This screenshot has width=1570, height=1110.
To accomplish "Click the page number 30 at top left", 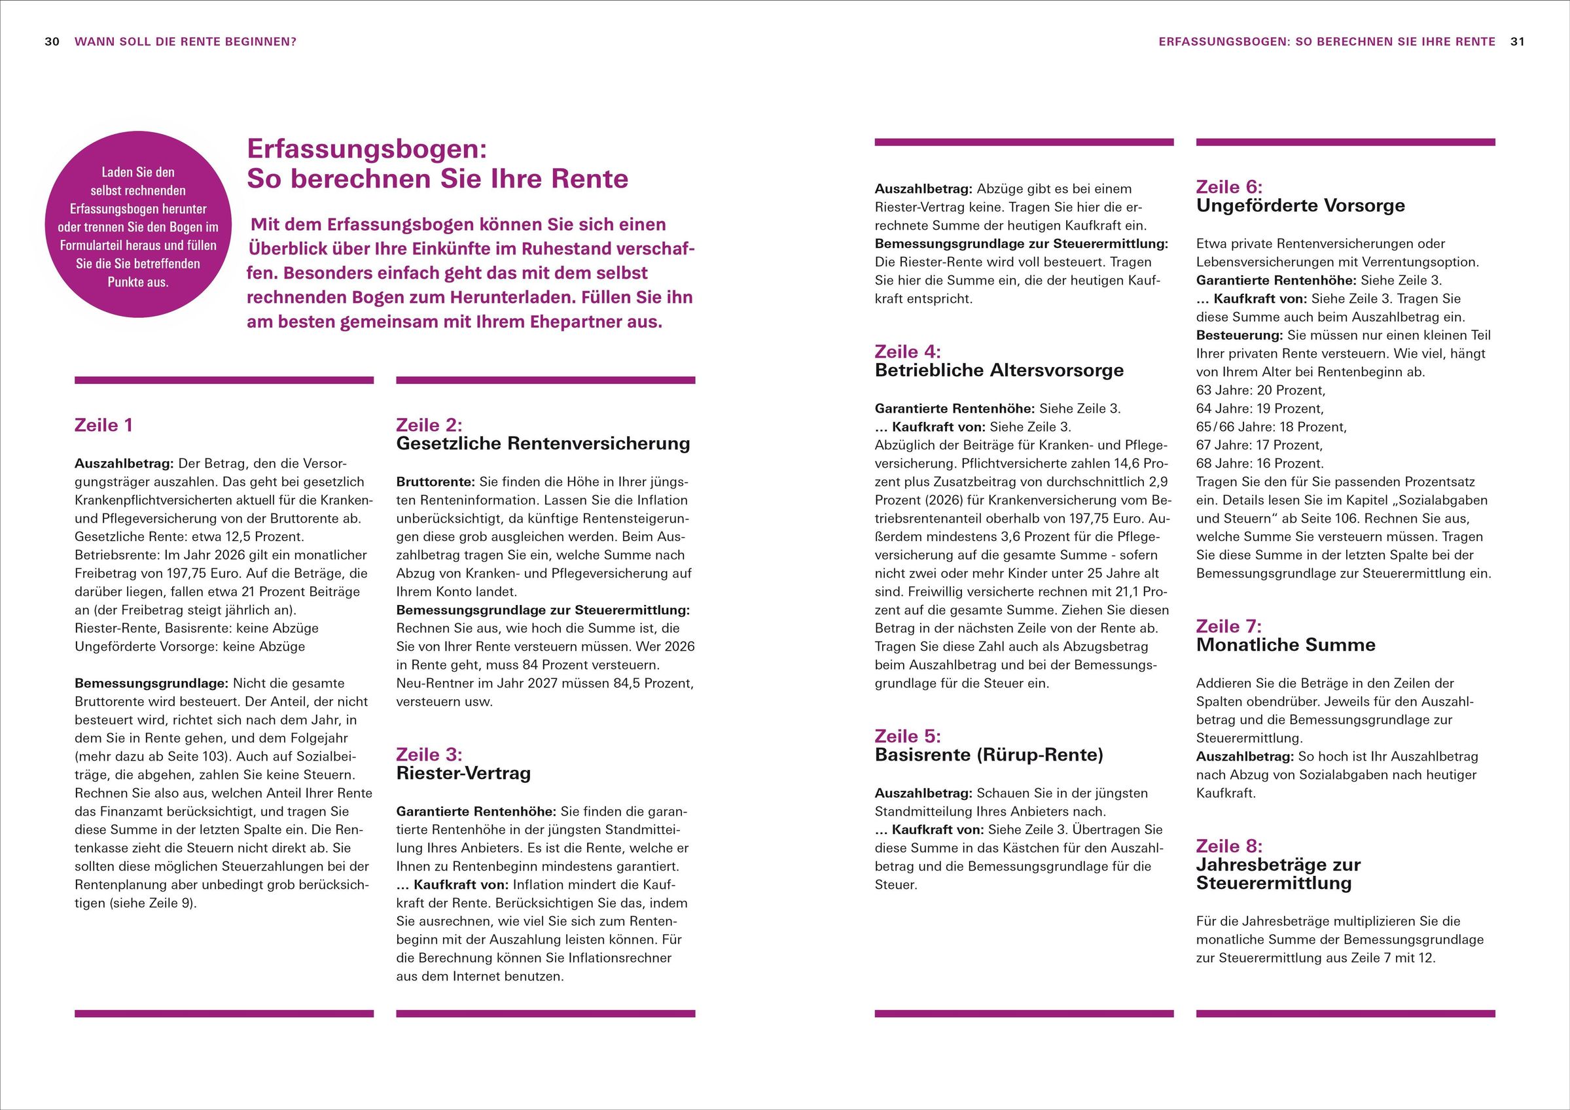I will [52, 42].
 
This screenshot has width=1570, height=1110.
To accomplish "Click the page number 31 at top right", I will [1518, 42].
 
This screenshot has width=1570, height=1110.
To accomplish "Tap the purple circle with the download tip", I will [137, 225].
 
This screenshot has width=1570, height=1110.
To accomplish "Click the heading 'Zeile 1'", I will [104, 425].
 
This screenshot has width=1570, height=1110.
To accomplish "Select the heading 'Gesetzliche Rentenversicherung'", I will [543, 443].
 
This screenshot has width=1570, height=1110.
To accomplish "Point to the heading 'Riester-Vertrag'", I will [463, 773].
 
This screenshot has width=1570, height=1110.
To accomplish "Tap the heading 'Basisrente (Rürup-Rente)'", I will [989, 755].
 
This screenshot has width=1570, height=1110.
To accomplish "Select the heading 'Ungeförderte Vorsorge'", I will [1300, 206].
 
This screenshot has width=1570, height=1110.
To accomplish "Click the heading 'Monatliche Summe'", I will [1285, 644].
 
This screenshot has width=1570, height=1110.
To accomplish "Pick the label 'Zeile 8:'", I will [1229, 846].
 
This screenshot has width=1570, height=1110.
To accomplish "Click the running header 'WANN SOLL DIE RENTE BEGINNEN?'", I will [185, 42].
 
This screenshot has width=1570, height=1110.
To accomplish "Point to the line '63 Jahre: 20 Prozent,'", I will [1260, 390].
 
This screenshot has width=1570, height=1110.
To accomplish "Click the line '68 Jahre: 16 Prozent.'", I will [1260, 463].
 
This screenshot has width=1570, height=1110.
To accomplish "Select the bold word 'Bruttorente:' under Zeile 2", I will [436, 482].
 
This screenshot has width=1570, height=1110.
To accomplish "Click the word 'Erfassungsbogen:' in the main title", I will [366, 149].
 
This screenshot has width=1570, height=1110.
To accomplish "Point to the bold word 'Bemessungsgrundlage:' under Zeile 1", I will [151, 683].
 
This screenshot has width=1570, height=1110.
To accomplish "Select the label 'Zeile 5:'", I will [908, 736].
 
